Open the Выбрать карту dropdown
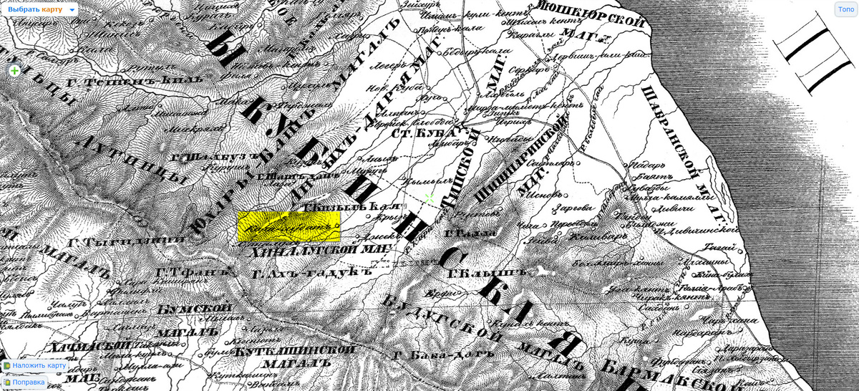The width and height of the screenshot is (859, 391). coord(41,9)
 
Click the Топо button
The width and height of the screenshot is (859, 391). coord(845,9)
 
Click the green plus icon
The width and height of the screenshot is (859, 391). coord(14,71)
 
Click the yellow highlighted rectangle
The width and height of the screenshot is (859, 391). coord(288,226)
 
